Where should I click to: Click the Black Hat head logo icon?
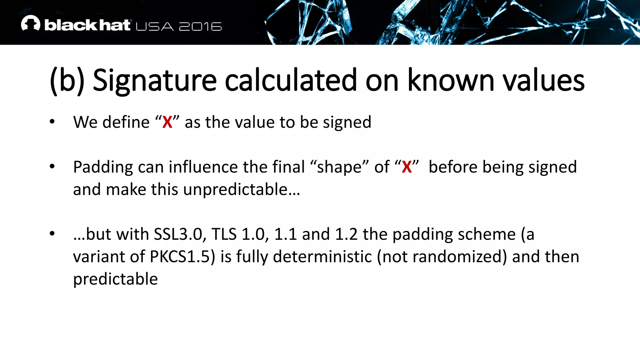click(x=30, y=23)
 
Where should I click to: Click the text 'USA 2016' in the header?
click(x=178, y=27)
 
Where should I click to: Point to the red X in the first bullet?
click(x=167, y=122)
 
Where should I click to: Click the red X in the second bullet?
click(x=407, y=167)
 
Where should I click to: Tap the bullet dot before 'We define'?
click(x=52, y=122)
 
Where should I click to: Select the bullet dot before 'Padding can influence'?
click(x=52, y=166)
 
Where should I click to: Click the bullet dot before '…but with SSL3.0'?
click(x=52, y=233)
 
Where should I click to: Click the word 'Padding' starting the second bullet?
click(x=103, y=167)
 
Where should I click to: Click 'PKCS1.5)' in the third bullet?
click(x=182, y=257)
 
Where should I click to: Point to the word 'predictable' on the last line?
click(x=115, y=279)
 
